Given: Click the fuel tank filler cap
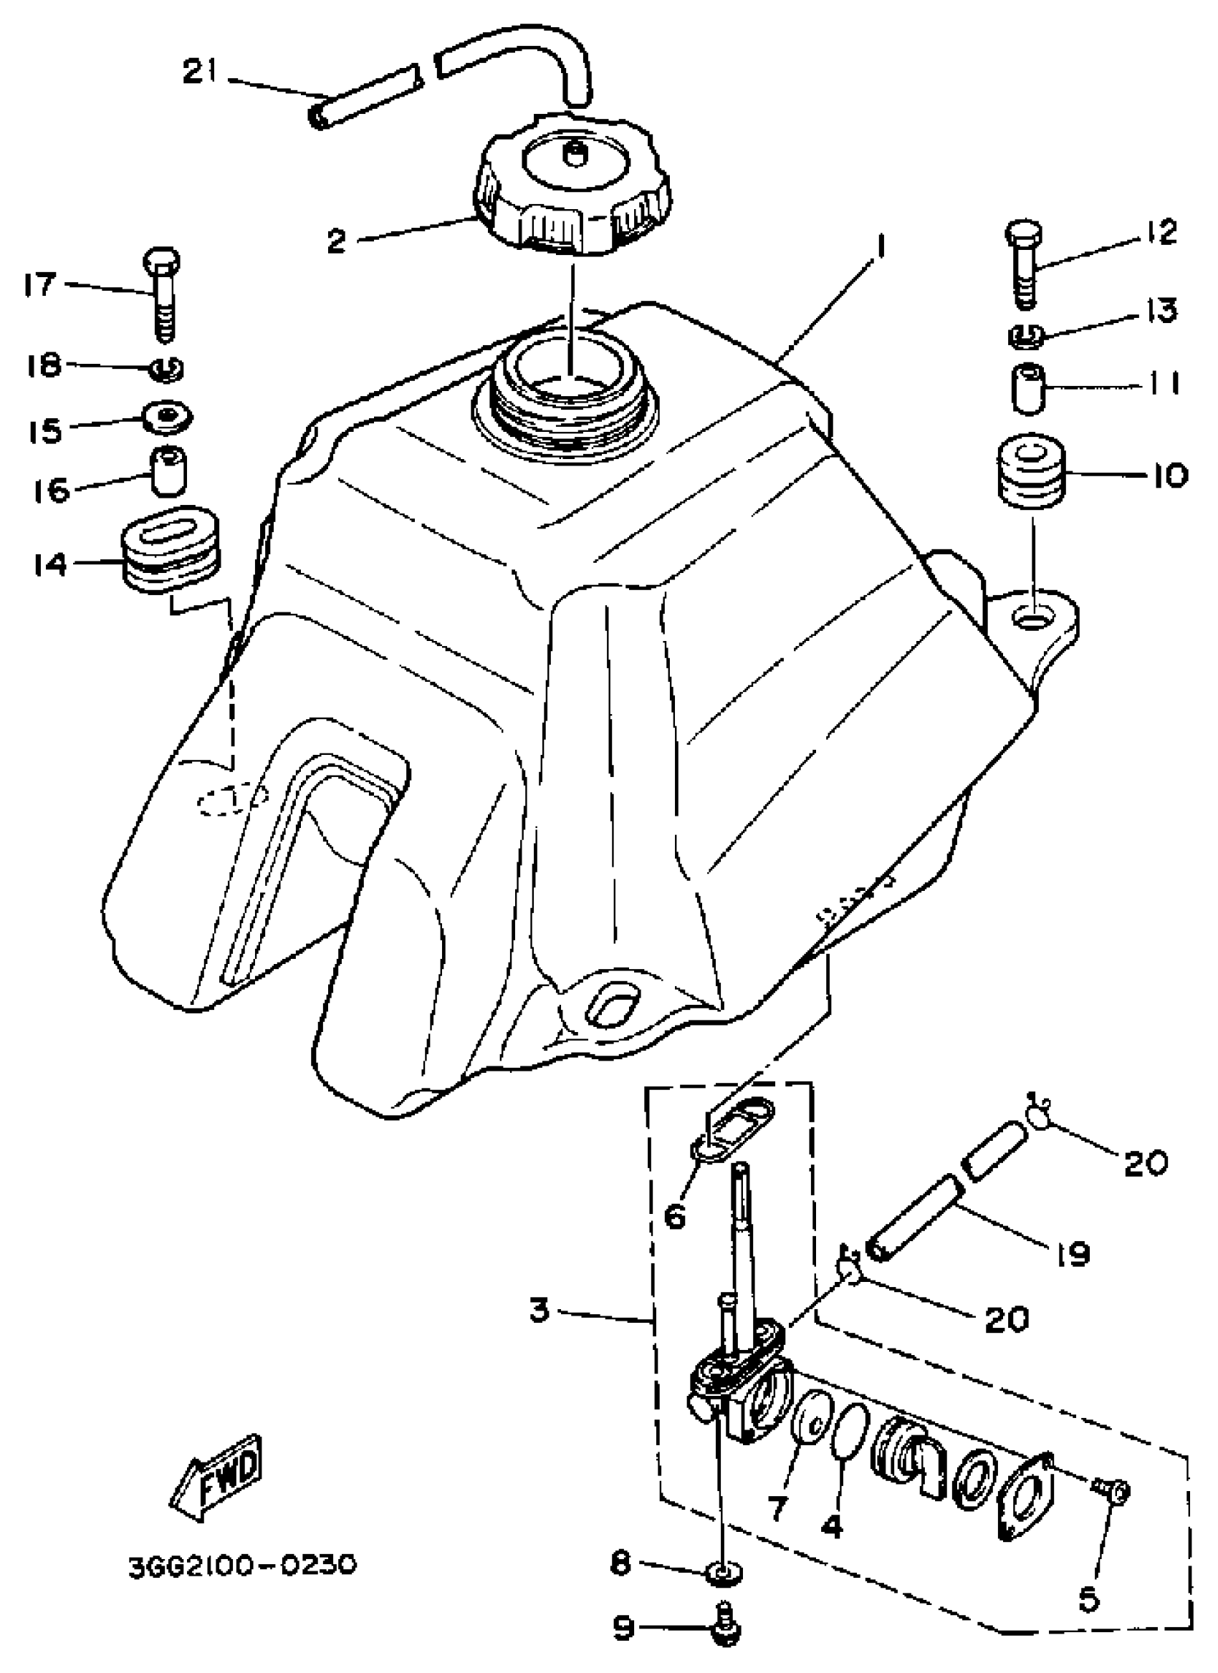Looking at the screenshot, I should pyautogui.click(x=572, y=185).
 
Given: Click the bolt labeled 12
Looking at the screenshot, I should pyautogui.click(x=1023, y=262).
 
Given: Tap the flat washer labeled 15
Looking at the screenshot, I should pyautogui.click(x=169, y=418).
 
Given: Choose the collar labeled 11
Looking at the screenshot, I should pyautogui.click(x=1027, y=387).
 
